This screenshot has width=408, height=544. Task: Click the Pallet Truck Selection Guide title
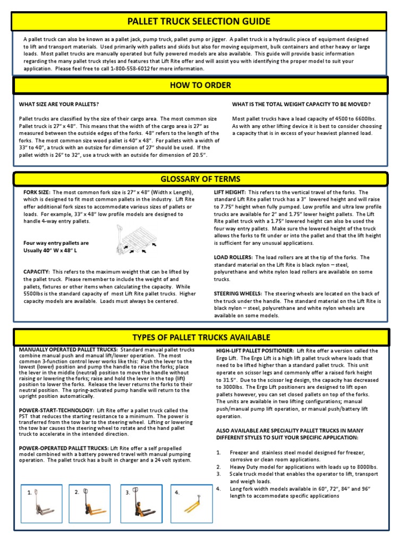(199, 21)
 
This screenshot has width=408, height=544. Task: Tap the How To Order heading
(200, 86)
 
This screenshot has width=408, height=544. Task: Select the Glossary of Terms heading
(201, 179)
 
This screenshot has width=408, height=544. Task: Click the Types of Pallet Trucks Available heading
(201, 337)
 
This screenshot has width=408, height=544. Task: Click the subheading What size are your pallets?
(59, 104)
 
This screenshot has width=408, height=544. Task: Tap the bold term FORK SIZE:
(37, 192)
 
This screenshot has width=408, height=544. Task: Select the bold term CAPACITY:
(36, 271)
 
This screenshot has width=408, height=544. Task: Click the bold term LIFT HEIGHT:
(229, 192)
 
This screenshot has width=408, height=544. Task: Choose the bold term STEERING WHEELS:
(238, 293)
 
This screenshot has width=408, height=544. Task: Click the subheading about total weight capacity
(301, 104)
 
